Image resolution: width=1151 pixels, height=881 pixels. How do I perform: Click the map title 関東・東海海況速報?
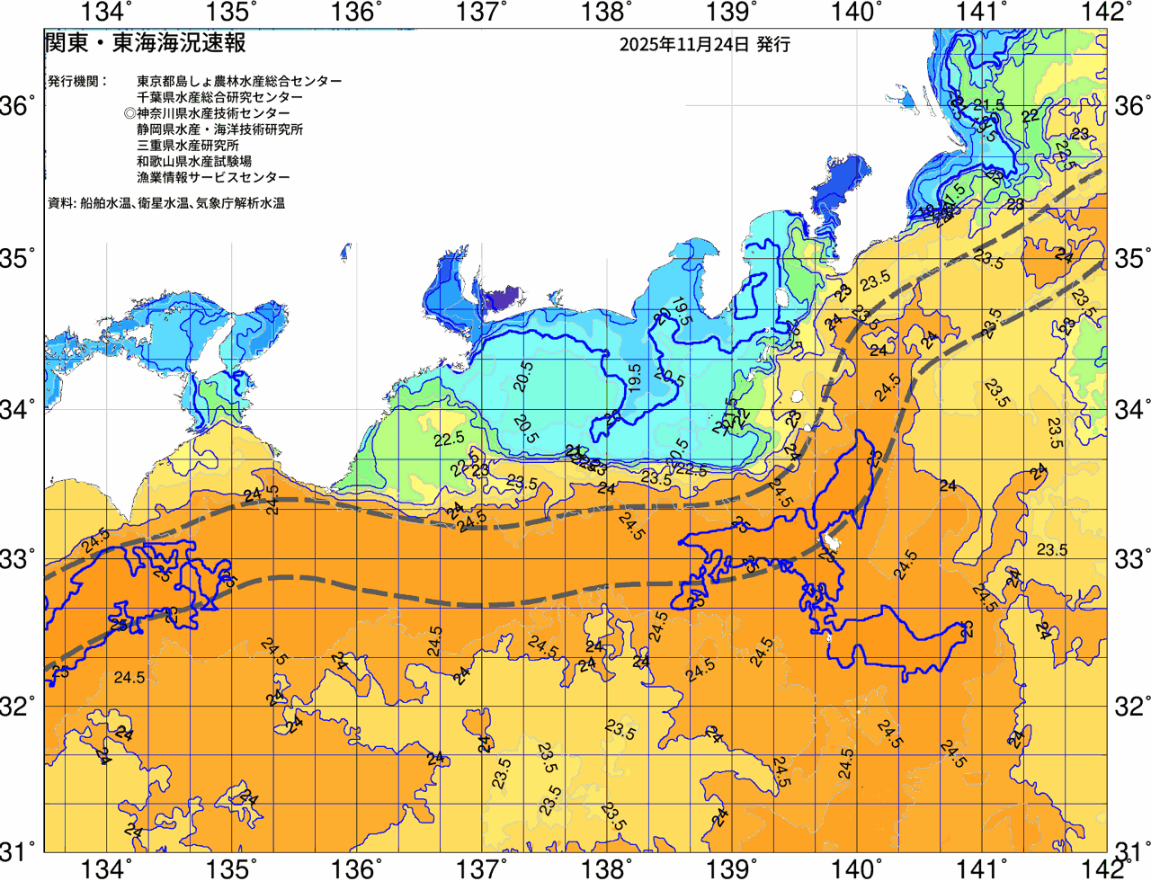coord(145,42)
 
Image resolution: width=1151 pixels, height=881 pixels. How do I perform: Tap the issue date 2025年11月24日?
coord(683,44)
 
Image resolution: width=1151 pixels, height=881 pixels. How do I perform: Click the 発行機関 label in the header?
coord(76,81)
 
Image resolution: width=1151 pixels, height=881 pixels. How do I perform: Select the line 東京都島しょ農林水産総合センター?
coord(239,81)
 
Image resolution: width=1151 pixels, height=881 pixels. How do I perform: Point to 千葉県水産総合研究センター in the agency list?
coord(219,97)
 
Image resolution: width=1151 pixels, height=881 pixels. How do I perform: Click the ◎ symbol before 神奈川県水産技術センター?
coord(130,113)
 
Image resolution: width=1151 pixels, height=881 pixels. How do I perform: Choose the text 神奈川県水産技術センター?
coord(213,113)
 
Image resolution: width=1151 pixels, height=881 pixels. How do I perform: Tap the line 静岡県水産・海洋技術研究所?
coord(219,129)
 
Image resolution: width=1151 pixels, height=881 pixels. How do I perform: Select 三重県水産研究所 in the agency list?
coord(188,146)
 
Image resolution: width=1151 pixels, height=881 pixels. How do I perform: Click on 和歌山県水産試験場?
coord(194,162)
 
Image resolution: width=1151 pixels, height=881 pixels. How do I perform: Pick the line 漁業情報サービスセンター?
coord(213,178)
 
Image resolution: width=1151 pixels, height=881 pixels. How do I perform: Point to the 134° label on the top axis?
coord(107,13)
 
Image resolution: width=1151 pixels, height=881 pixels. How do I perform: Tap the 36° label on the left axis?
coord(18,106)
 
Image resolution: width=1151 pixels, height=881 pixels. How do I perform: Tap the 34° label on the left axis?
coord(18,409)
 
